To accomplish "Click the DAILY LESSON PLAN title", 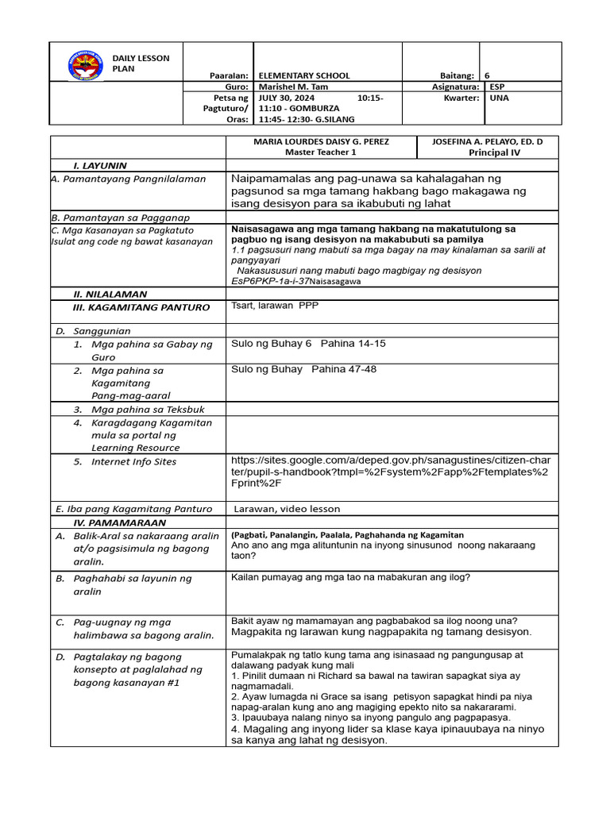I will pyautogui.click(x=135, y=64).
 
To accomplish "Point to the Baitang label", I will pyautogui.click(x=458, y=75).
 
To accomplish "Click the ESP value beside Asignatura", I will pyautogui.click(x=497, y=87).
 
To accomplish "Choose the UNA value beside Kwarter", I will pyautogui.click(x=499, y=98).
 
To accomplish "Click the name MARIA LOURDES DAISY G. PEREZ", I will pyautogui.click(x=321, y=141).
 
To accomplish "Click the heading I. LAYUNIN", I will pyautogui.click(x=100, y=165).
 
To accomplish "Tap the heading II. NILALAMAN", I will pyautogui.click(x=110, y=294).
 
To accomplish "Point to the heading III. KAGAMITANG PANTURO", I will pyautogui.click(x=141, y=307).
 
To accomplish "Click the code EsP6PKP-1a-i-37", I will pyautogui.click(x=269, y=281).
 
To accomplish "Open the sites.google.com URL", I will pyautogui.click(x=394, y=471).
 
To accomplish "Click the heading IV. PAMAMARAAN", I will pyautogui.click(x=120, y=523).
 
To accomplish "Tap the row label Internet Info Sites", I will pyautogui.click(x=133, y=462).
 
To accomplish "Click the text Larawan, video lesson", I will pyautogui.click(x=287, y=509).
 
